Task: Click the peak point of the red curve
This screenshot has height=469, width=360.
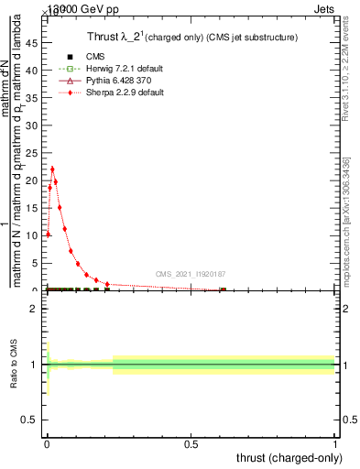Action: (x=52, y=169)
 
